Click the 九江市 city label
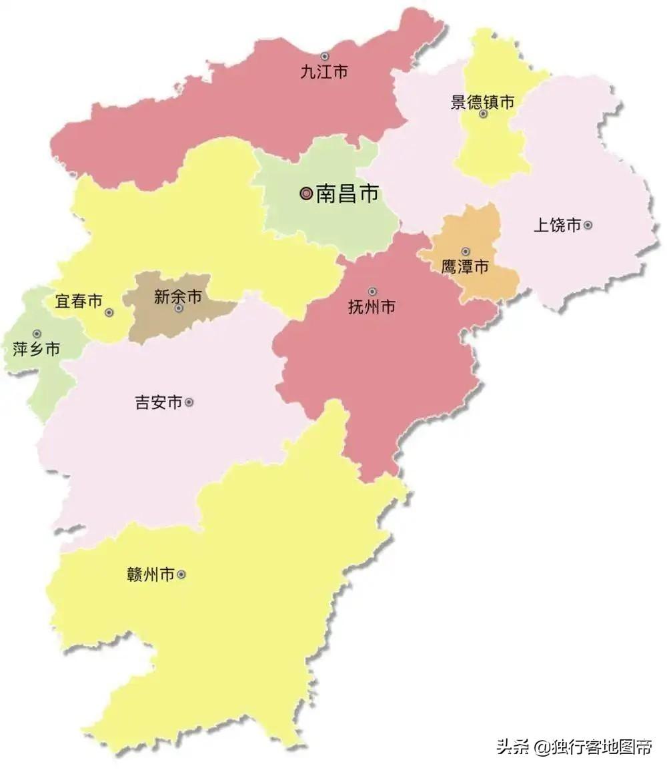(x=323, y=72)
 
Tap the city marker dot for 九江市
(x=325, y=57)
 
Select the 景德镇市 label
(x=482, y=102)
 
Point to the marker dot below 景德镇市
(x=483, y=114)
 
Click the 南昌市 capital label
(x=347, y=194)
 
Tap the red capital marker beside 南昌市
(x=306, y=194)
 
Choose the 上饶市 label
(x=557, y=225)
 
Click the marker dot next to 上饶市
(x=588, y=225)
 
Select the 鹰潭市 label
(x=465, y=267)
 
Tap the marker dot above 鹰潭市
(x=466, y=252)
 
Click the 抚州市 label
(x=372, y=307)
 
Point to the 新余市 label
(x=177, y=297)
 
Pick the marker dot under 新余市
(x=178, y=308)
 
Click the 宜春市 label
(x=79, y=302)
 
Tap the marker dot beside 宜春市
(x=109, y=312)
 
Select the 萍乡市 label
(x=37, y=348)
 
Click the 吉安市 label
(x=159, y=402)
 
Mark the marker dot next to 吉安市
(x=189, y=402)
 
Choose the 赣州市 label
(x=150, y=574)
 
